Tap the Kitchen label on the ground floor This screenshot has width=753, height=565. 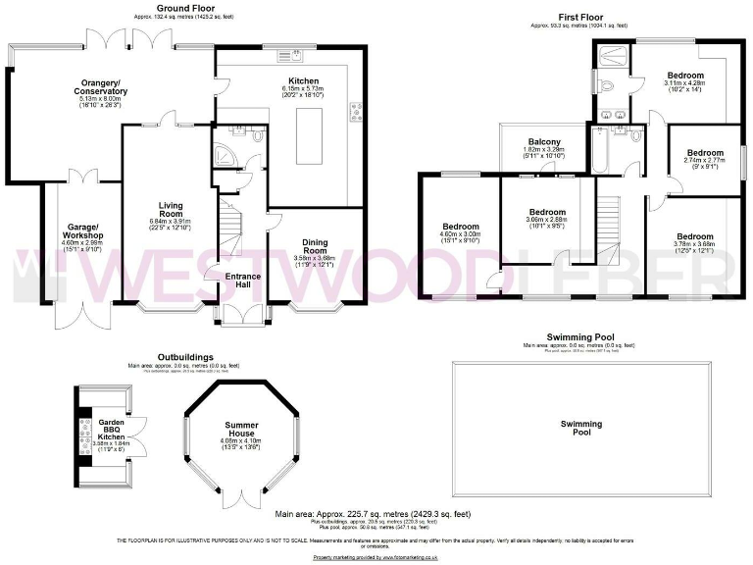(303, 80)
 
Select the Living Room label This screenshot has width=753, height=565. (172, 209)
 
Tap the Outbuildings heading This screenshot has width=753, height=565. (184, 357)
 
